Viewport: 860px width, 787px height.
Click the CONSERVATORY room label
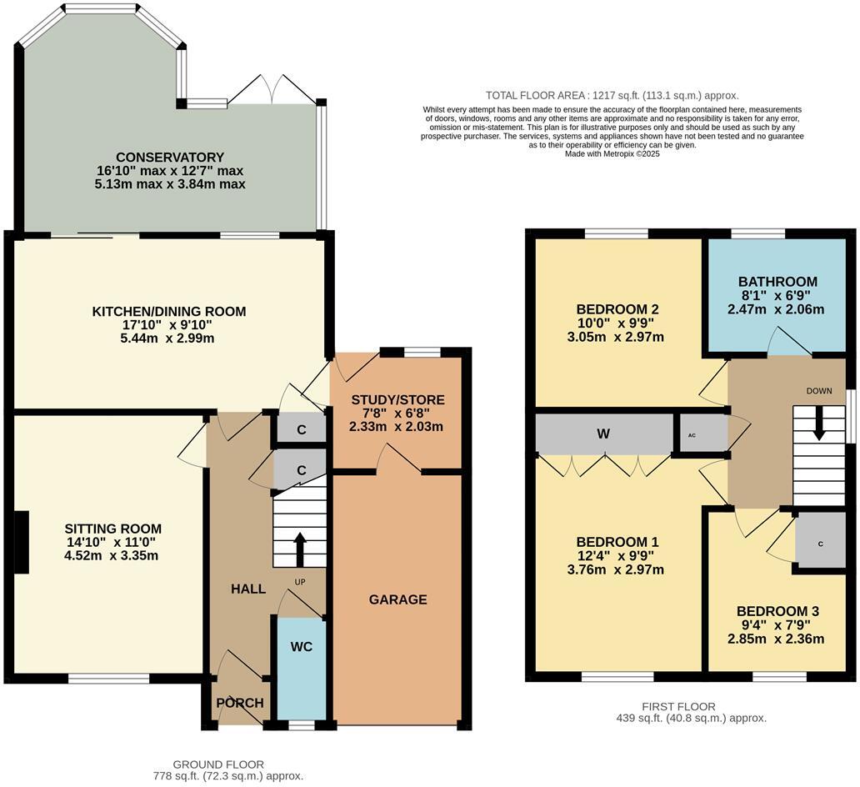(x=170, y=157)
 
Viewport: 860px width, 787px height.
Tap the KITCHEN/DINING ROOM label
(x=169, y=312)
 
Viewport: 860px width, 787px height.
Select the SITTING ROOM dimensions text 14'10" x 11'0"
(x=112, y=542)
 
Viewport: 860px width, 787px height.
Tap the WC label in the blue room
(x=301, y=646)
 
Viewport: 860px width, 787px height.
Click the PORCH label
(x=240, y=703)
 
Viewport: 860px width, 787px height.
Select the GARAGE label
(x=397, y=599)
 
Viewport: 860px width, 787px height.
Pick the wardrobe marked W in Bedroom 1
(x=603, y=434)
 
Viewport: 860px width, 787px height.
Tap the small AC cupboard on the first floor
(x=692, y=435)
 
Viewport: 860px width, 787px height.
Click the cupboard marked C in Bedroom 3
(x=820, y=544)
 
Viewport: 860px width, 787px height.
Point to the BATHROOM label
(x=777, y=282)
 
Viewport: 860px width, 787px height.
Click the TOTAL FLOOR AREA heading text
(x=612, y=96)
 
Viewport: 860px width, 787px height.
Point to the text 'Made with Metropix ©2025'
(x=612, y=154)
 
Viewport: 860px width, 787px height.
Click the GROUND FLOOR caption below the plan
(x=218, y=764)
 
